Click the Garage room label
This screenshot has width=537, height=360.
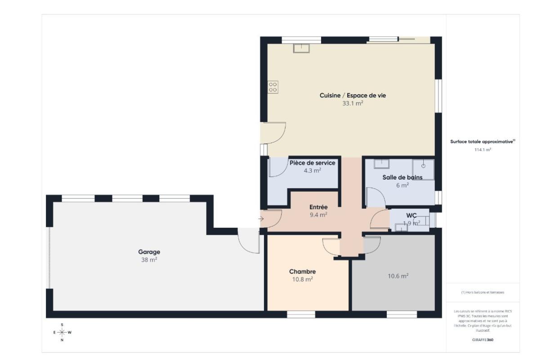coord(149,252)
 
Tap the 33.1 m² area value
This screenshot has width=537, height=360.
coord(353,103)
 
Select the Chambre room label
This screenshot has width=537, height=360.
coord(302,271)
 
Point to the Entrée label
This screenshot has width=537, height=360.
coord(318,207)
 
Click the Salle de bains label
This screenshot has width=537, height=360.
coord(402,177)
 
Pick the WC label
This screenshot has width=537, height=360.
coord(412,215)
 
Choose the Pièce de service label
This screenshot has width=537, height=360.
coord(312,163)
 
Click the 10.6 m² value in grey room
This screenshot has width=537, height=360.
coord(398,276)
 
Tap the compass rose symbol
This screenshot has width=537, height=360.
coord(62,332)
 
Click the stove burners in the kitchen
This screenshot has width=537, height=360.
coord(273,87)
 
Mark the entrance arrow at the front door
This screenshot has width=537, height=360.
coord(261,219)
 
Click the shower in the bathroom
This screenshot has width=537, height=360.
coord(423,170)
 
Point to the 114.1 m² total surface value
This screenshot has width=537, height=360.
coord(483,149)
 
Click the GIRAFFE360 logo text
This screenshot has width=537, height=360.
coord(483,340)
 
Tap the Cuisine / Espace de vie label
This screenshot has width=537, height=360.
coord(353,95)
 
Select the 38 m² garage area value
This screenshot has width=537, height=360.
coord(149,260)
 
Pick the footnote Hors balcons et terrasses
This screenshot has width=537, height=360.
coord(483,292)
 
